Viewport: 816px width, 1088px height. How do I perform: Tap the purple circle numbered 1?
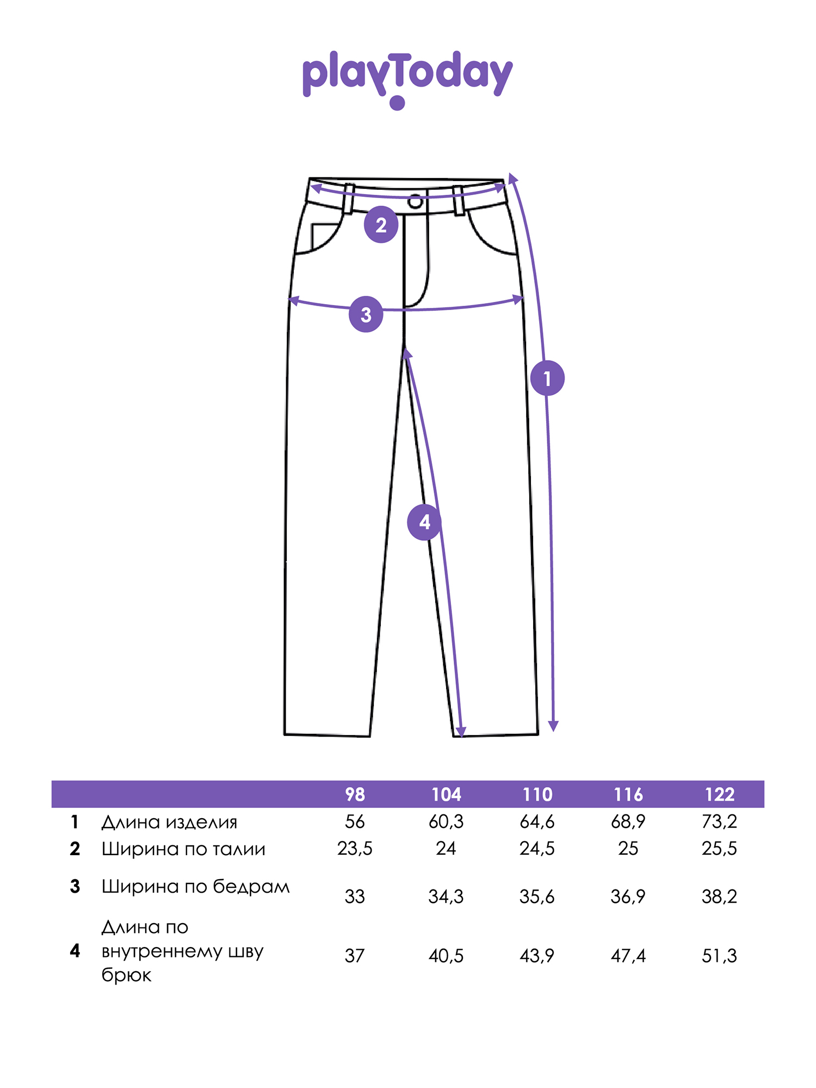pyautogui.click(x=547, y=378)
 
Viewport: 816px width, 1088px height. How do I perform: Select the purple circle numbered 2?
pyautogui.click(x=381, y=224)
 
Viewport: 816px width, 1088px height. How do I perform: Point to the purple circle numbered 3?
pyautogui.click(x=366, y=314)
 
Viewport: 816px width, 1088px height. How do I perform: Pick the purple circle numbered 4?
pyautogui.click(x=424, y=522)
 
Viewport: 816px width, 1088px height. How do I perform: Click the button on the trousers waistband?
pyautogui.click(x=415, y=202)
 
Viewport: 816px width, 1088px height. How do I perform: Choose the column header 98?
pyautogui.click(x=355, y=795)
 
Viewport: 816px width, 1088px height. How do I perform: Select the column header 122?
pyautogui.click(x=720, y=795)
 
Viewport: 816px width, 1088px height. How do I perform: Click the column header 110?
pyautogui.click(x=537, y=795)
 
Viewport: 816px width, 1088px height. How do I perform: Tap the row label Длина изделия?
pyautogui.click(x=169, y=822)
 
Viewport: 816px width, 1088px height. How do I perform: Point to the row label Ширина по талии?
pyautogui.click(x=183, y=849)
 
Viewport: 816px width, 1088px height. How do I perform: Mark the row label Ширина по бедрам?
pyautogui.click(x=196, y=887)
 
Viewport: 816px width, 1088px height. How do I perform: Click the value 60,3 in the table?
pyautogui.click(x=446, y=822)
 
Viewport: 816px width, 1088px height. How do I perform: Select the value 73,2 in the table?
pyautogui.click(x=719, y=822)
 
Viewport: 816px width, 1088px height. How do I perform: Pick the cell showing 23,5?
pyautogui.click(x=355, y=849)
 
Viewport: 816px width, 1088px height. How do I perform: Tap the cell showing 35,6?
pyautogui.click(x=537, y=897)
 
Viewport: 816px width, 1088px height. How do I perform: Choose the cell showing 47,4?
pyautogui.click(x=628, y=956)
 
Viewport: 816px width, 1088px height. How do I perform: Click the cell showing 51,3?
pyautogui.click(x=719, y=956)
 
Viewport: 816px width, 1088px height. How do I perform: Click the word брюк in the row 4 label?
pyautogui.click(x=126, y=975)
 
